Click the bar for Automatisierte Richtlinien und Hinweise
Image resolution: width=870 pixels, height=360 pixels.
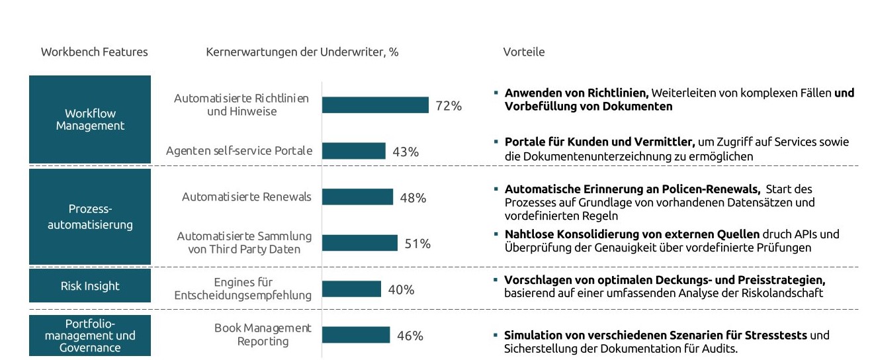(375, 105)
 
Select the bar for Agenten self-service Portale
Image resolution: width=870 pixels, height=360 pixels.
(353, 151)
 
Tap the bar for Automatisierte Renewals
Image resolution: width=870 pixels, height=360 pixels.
(357, 197)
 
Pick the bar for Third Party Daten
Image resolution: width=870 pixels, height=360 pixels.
(359, 243)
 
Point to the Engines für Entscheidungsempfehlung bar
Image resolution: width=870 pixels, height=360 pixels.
(351, 289)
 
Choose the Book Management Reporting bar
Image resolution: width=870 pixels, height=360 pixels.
(356, 335)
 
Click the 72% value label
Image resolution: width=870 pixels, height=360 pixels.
(449, 106)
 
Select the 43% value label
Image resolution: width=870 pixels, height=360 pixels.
(406, 152)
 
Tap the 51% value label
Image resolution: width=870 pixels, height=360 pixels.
(417, 244)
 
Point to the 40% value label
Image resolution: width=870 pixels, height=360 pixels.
(401, 290)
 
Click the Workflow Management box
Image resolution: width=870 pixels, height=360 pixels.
(90, 119)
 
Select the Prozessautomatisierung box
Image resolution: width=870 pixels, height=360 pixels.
(90, 216)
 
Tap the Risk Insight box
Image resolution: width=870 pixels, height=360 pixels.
(90, 286)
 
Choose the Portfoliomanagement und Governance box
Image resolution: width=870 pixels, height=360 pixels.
(90, 336)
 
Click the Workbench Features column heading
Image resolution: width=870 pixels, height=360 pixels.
(95, 52)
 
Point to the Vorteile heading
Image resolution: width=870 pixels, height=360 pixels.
(524, 52)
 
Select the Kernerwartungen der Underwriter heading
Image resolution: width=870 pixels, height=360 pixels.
(302, 52)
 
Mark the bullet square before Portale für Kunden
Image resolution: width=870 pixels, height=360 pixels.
(496, 141)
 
